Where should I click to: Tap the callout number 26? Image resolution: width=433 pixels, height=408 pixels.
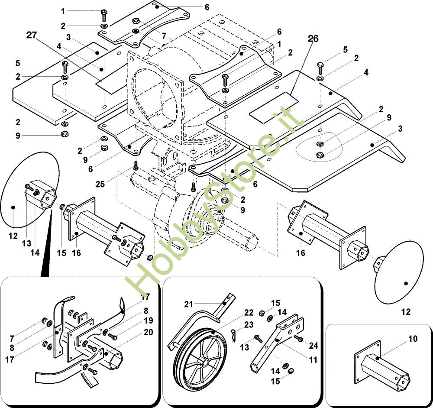313,39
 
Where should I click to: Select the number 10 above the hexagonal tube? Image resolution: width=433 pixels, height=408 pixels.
413,339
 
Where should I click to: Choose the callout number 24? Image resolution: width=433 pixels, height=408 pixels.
314,345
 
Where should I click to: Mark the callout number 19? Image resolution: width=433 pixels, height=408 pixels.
149,321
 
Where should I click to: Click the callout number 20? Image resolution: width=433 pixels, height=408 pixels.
149,333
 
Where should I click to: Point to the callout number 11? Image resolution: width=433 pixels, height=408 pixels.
313,359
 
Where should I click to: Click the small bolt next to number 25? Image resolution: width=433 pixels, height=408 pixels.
136,165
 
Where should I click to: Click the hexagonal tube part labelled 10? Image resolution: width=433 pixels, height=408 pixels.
381,368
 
